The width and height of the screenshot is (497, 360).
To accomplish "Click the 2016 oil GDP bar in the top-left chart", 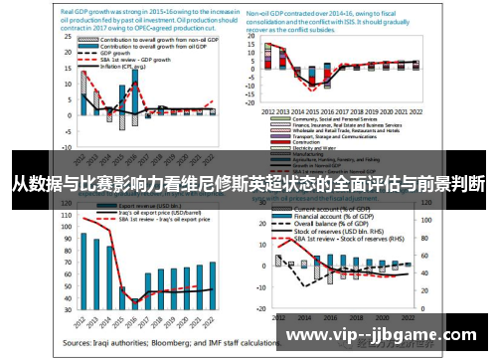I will point(135,97).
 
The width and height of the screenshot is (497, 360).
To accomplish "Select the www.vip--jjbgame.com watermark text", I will point(387,335).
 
